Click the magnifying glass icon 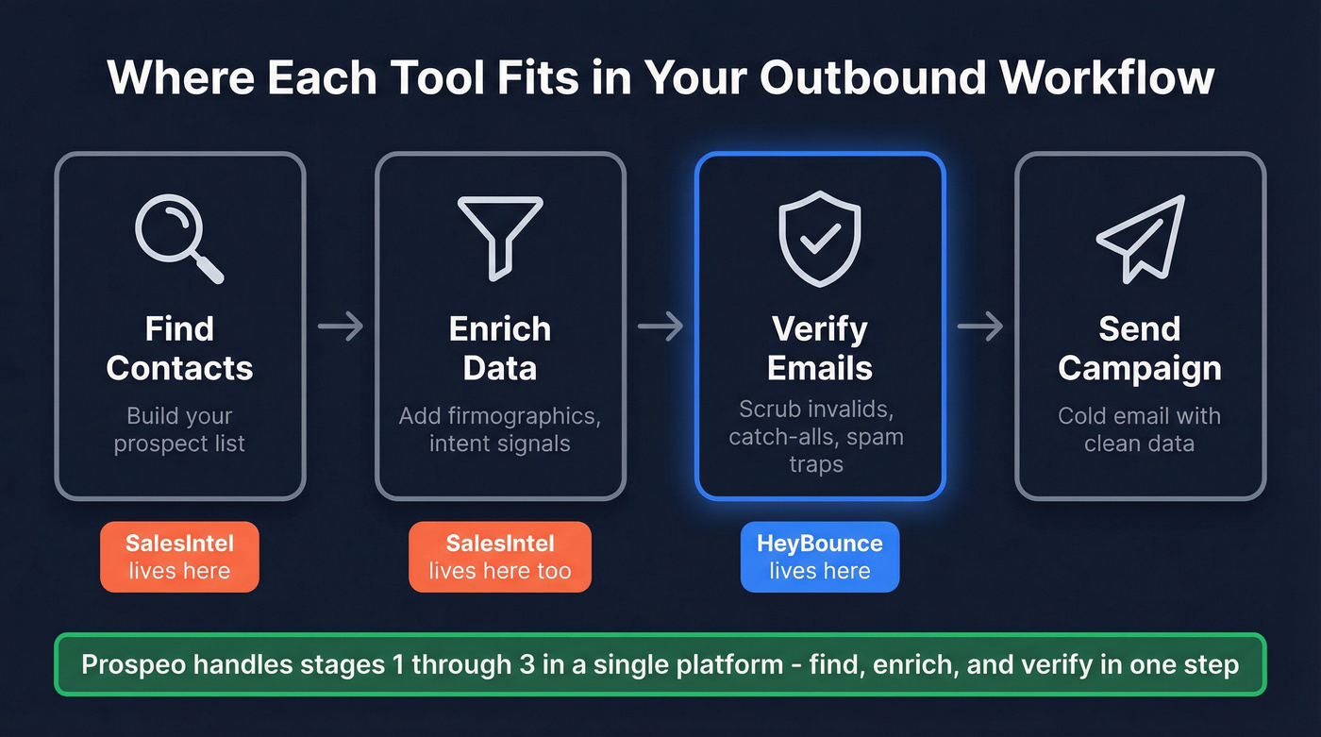click(x=177, y=238)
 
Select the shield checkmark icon click(x=820, y=238)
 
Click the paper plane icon click(x=1140, y=238)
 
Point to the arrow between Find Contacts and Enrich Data click(x=341, y=327)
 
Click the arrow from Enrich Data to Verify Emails click(x=660, y=327)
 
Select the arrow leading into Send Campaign click(x=980, y=327)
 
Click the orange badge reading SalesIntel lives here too click(x=500, y=557)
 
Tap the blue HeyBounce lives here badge click(x=820, y=557)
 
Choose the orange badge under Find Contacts click(x=179, y=557)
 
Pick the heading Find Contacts click(x=179, y=348)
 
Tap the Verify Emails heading click(x=820, y=348)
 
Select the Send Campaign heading click(x=1140, y=348)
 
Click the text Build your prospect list click(x=179, y=429)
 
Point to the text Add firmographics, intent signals click(x=500, y=429)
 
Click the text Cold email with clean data click(x=1140, y=429)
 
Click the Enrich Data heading click(x=500, y=348)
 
